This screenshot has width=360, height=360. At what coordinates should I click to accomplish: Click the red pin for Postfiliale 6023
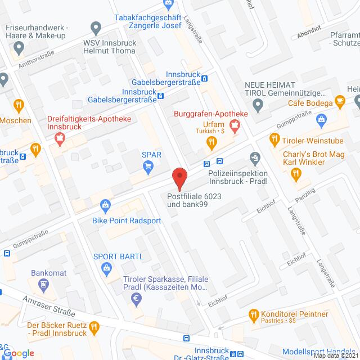(179, 177)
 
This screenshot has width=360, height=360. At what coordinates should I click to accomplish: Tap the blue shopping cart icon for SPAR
(148, 166)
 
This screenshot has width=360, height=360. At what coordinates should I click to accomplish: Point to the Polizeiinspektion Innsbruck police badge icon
(256, 157)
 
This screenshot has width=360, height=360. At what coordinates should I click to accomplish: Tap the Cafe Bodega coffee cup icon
(339, 101)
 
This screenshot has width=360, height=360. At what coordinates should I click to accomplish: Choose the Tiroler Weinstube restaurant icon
(274, 138)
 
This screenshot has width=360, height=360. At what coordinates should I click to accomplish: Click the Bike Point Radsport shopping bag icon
(105, 205)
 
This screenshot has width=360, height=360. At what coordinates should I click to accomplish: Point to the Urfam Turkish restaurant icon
(211, 143)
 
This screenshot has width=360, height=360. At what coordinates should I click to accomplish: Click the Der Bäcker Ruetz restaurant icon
(94, 326)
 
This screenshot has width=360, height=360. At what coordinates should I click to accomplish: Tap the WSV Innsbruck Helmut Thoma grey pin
(95, 27)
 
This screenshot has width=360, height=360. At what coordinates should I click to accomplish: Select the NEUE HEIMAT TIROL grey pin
(258, 103)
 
